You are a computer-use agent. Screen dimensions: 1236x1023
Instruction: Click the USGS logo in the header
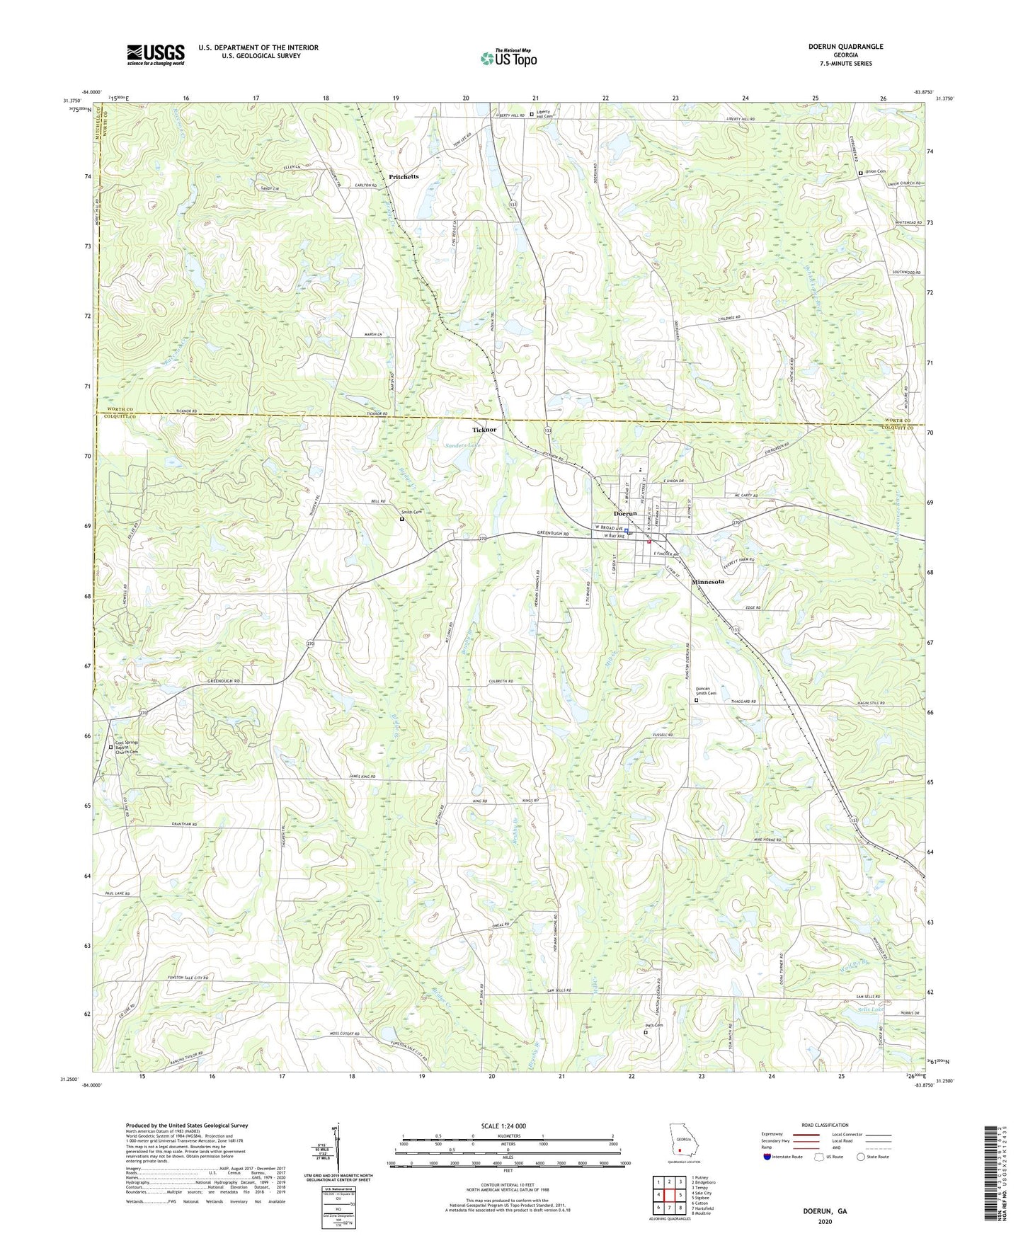156,55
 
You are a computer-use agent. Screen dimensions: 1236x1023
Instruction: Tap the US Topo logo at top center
508,58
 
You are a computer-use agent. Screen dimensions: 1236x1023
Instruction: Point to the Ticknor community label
484,430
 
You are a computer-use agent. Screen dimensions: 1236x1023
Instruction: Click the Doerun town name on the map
624,513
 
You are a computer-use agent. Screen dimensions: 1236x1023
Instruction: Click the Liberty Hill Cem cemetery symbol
532,113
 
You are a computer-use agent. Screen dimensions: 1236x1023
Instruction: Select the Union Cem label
875,172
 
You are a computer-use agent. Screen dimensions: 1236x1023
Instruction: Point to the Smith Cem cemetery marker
402,519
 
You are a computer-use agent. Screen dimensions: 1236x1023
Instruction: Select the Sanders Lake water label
463,445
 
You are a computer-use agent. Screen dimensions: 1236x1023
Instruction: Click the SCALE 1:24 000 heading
503,1126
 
